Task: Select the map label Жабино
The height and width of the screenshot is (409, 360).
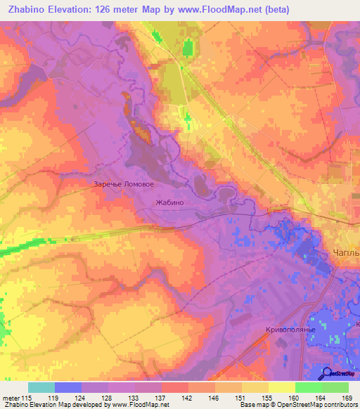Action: [x=169, y=202]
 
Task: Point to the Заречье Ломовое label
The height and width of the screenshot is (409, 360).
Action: [x=123, y=185]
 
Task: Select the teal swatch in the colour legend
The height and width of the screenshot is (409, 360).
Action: [x=41, y=387]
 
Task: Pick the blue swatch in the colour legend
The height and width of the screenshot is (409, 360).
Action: [x=67, y=387]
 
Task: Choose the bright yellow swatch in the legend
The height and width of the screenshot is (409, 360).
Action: [x=281, y=387]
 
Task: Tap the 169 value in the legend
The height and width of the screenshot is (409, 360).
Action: [x=346, y=397]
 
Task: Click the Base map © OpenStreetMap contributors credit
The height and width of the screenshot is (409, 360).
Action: [x=297, y=405]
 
